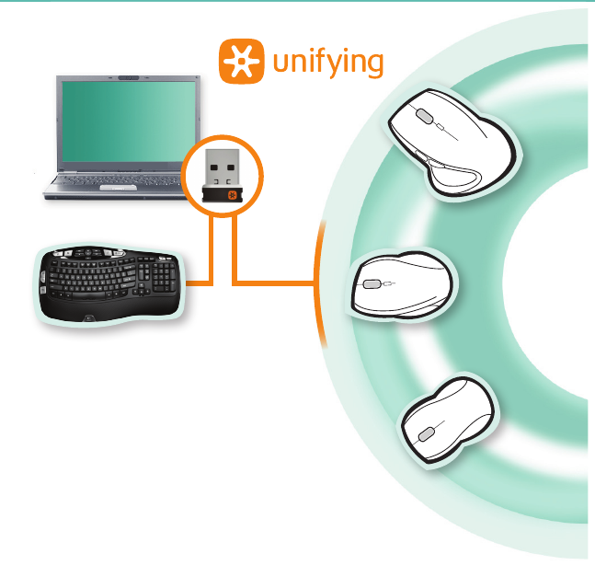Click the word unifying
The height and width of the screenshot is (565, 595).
click(x=326, y=63)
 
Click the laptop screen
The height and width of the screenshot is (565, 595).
click(x=129, y=120)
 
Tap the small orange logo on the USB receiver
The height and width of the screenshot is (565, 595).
click(x=232, y=194)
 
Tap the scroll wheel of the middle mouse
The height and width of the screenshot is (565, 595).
click(x=372, y=285)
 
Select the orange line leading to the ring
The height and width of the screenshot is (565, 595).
click(x=276, y=282)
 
